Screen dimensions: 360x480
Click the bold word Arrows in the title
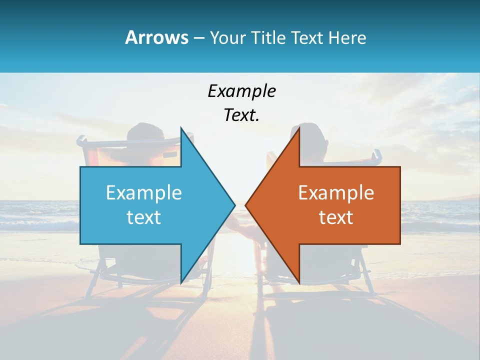tap(156, 38)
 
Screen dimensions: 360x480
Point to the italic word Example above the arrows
tap(242, 91)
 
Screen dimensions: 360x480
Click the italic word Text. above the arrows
tap(242, 115)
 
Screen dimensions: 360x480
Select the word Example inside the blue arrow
tap(144, 193)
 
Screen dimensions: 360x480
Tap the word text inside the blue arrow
tap(144, 217)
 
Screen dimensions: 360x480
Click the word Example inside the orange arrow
tap(336, 193)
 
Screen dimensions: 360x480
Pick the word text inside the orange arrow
tap(336, 217)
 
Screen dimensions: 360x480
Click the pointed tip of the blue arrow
tap(234, 205)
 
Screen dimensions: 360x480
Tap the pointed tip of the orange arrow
tap(246, 205)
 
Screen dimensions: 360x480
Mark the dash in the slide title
tap(198, 38)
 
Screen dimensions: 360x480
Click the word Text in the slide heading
tap(307, 38)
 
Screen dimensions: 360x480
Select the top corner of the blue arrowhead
tap(181, 128)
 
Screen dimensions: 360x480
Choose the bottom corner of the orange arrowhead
tap(299, 282)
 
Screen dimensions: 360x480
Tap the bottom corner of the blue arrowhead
tap(181, 282)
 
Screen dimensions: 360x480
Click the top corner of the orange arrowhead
tap(299, 128)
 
